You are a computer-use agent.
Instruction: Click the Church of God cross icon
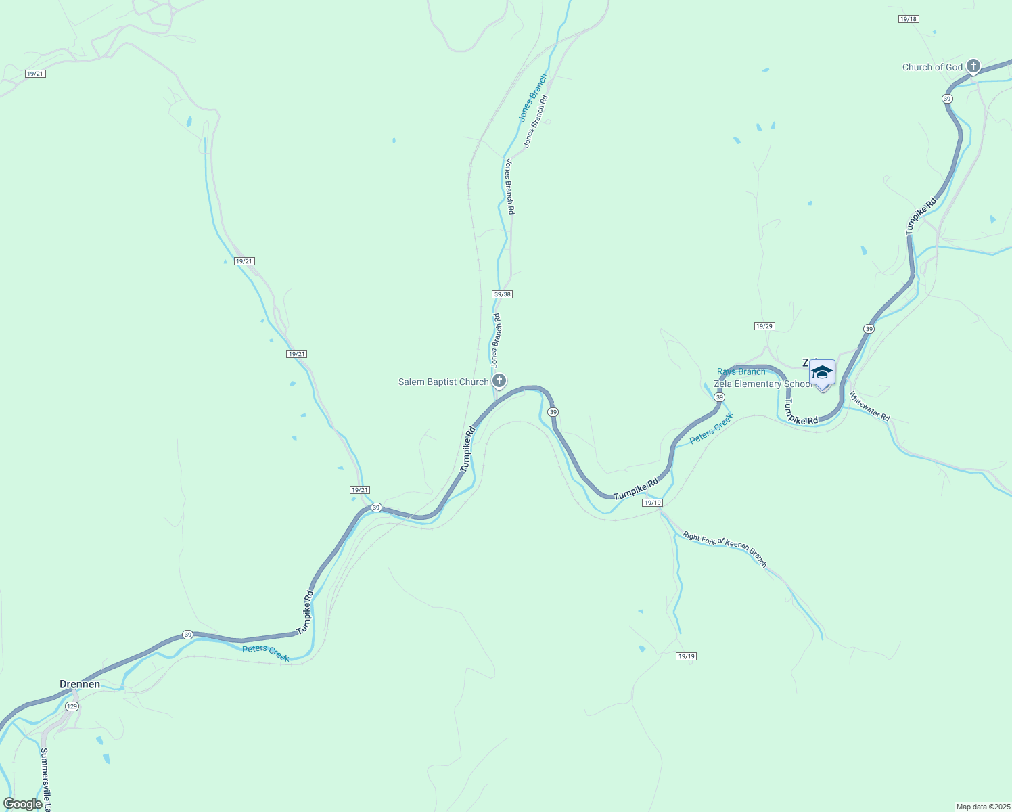(x=973, y=66)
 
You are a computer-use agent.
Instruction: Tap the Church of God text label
(x=932, y=67)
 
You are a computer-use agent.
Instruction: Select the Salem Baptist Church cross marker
(x=499, y=381)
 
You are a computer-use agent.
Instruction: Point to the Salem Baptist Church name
(x=443, y=382)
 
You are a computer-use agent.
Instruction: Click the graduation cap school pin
(x=822, y=373)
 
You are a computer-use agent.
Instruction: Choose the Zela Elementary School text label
(x=763, y=384)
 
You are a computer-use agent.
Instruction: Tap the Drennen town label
(x=80, y=684)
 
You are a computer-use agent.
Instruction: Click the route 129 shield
(x=72, y=706)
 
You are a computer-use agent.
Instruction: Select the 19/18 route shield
(x=908, y=19)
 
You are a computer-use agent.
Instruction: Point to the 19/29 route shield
(x=764, y=326)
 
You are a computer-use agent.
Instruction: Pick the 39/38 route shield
(x=503, y=294)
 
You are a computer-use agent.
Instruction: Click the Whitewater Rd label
(x=870, y=407)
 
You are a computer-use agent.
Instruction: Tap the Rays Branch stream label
(x=741, y=371)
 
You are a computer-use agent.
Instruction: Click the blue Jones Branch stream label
(x=532, y=98)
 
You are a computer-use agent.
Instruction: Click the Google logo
(x=22, y=804)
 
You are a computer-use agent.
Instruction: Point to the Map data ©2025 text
(x=982, y=807)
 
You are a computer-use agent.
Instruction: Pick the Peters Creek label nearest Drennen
(x=266, y=653)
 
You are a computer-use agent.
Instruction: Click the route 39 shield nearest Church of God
(x=946, y=99)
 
